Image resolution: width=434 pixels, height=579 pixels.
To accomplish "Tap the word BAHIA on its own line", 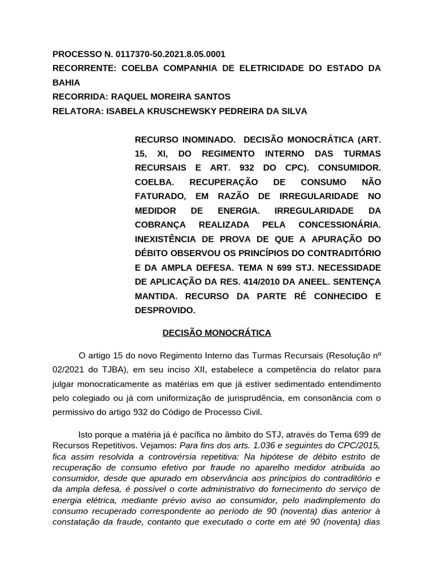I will [x=66, y=83].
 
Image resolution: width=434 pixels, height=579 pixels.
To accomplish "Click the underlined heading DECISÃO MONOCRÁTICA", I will [x=216, y=333].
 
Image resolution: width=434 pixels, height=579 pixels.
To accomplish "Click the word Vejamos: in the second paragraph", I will [x=159, y=445].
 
